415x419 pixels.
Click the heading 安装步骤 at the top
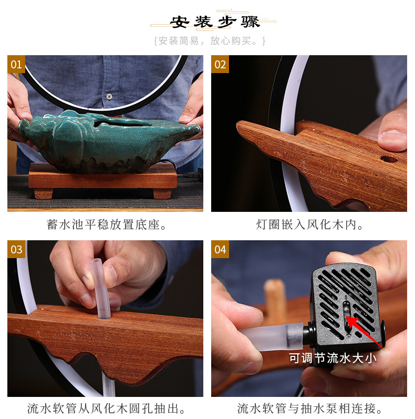point(214,23)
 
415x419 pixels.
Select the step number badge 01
point(16,64)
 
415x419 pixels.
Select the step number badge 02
point(220,64)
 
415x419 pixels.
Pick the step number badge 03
point(16,249)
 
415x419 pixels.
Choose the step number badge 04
point(220,249)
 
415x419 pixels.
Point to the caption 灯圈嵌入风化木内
point(310,225)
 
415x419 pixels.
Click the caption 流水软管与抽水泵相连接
point(310,408)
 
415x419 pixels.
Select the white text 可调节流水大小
point(333,359)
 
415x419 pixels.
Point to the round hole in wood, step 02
point(389,158)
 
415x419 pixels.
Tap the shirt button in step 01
point(109,97)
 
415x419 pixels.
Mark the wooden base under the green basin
point(102,179)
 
